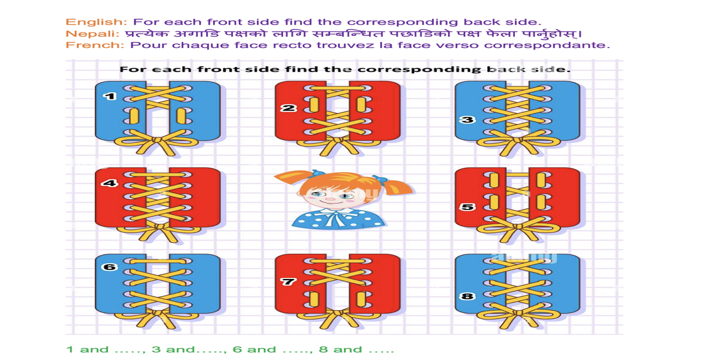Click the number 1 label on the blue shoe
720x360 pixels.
point(110,96)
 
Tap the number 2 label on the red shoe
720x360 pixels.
point(289,108)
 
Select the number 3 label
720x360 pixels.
point(467,120)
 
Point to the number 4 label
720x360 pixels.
point(110,183)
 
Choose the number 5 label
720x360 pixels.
point(467,207)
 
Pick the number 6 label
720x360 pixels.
point(110,267)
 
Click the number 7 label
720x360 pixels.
point(288,282)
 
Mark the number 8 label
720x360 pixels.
point(467,296)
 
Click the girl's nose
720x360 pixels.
point(330,199)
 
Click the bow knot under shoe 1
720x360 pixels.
point(157,140)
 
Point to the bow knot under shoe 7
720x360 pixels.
point(338,313)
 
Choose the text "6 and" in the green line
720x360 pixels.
point(254,350)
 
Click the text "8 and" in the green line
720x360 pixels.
point(340,350)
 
